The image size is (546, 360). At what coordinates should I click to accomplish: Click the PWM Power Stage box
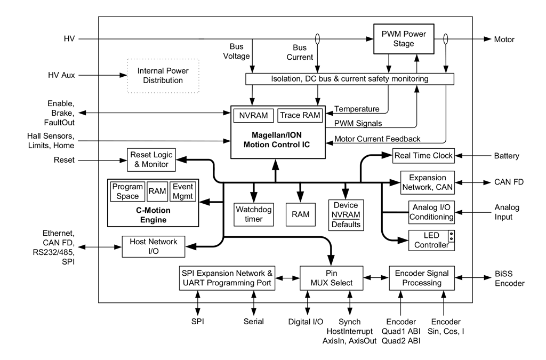click(x=403, y=39)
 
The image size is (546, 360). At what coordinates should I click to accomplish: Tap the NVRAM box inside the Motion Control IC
click(x=253, y=115)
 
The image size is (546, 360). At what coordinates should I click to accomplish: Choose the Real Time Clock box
click(x=423, y=156)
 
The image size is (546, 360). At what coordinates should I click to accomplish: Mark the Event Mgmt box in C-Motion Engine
click(x=183, y=191)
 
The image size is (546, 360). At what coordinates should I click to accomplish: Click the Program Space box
click(x=127, y=191)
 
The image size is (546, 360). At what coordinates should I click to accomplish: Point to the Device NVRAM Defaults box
click(x=346, y=215)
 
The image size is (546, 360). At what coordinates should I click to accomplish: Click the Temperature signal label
click(x=357, y=109)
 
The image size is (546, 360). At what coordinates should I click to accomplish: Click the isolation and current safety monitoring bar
click(x=349, y=79)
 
